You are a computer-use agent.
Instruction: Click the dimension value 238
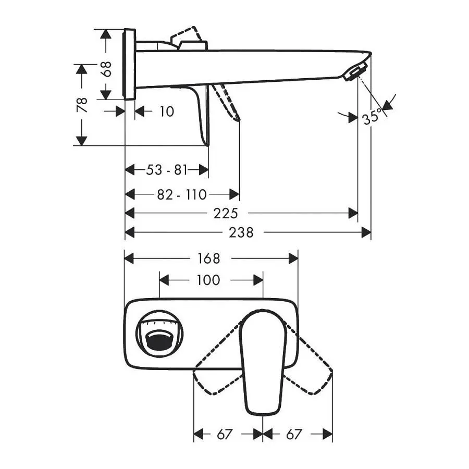(x=241, y=232)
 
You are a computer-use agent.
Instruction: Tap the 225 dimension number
(x=226, y=214)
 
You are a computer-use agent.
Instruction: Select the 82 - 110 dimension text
(x=182, y=195)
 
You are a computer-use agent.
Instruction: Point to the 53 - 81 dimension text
(x=167, y=170)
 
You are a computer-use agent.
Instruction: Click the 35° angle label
(x=373, y=117)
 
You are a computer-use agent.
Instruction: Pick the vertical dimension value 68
(x=106, y=69)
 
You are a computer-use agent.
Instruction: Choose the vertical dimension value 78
(x=82, y=105)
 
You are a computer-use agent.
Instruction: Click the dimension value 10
(x=167, y=112)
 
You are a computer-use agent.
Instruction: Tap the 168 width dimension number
(x=209, y=258)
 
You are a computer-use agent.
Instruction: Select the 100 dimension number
(x=208, y=280)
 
